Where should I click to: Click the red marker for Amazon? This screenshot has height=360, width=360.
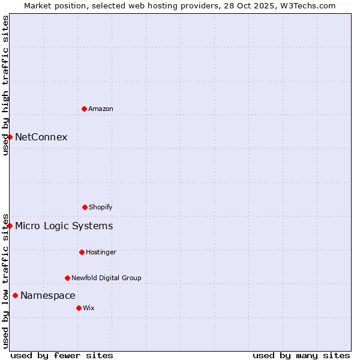(84, 109)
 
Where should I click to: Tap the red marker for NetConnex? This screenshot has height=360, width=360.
(10, 137)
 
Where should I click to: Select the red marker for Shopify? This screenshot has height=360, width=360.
(85, 207)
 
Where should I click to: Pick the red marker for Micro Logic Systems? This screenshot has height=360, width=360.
(10, 226)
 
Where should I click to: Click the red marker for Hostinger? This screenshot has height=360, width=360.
(82, 252)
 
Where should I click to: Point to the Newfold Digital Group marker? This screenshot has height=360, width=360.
(67, 278)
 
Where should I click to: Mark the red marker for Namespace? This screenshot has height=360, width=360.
(15, 295)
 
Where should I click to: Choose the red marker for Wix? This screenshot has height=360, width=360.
(79, 308)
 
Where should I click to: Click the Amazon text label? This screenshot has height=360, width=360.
(101, 109)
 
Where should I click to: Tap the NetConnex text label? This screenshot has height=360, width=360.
(41, 137)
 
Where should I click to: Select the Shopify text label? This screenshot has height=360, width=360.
(101, 207)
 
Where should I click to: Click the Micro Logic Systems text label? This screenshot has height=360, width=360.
(64, 226)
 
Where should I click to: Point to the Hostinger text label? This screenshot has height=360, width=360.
(101, 252)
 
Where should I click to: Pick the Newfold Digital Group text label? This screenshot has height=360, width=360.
(106, 278)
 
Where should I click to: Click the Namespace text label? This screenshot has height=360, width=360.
(48, 295)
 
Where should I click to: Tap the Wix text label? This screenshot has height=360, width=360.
(89, 308)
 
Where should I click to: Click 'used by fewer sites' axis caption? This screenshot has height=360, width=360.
(62, 355)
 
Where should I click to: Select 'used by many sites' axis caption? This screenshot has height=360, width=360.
(301, 355)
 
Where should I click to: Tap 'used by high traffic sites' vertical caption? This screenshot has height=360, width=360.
(5, 85)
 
